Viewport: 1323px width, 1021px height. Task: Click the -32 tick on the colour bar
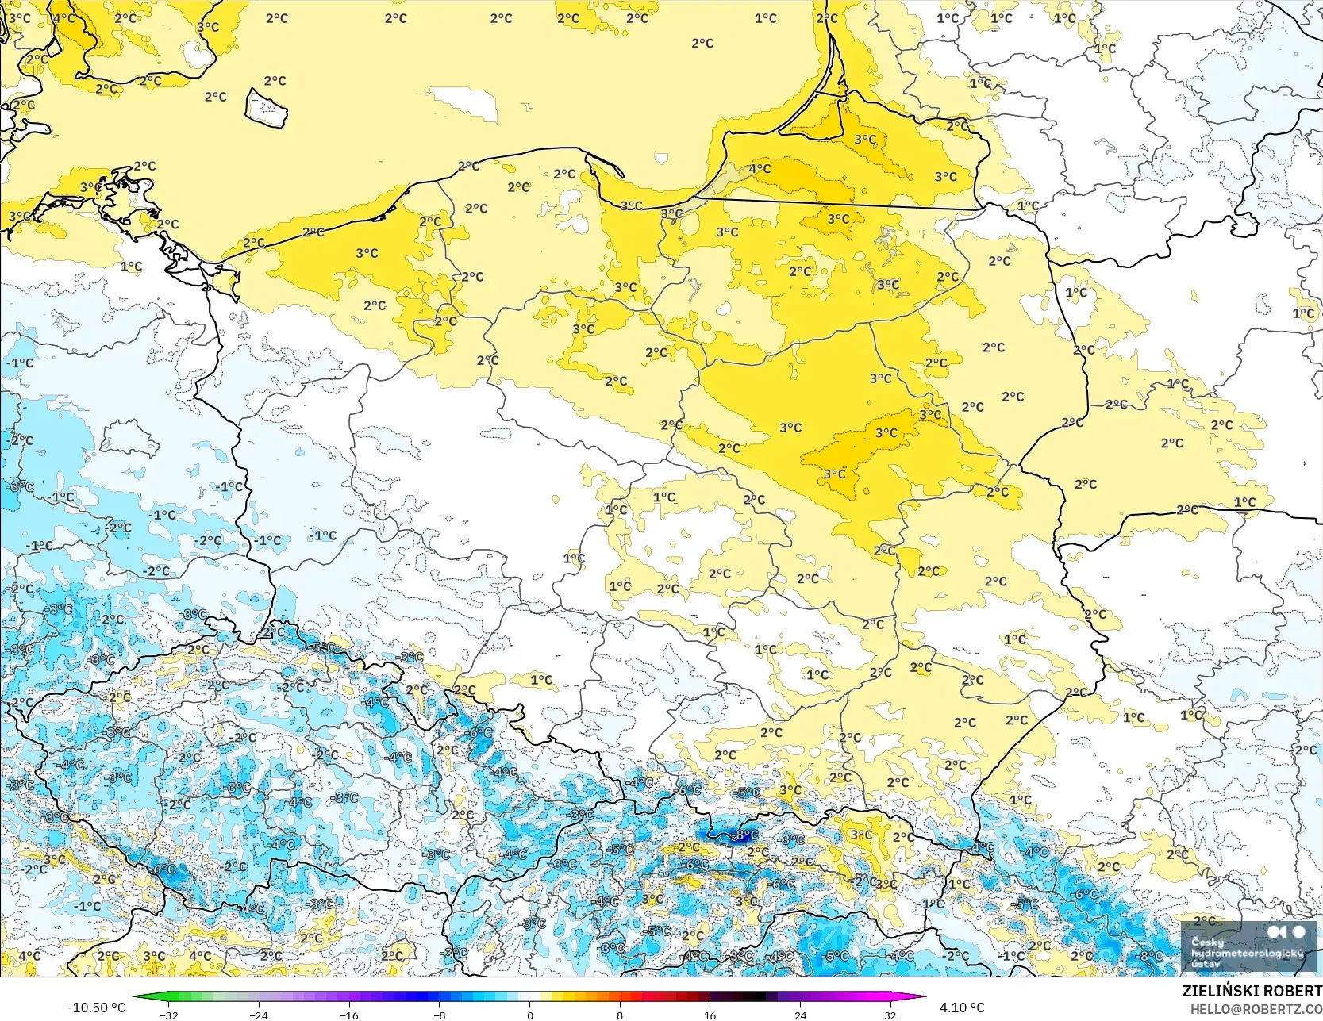pyautogui.click(x=169, y=1015)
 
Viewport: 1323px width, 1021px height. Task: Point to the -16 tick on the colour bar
pyautogui.click(x=349, y=1015)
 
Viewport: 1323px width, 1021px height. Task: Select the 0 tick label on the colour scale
pyautogui.click(x=529, y=1015)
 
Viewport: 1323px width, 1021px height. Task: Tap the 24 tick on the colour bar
pyautogui.click(x=800, y=1015)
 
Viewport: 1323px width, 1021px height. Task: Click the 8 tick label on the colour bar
pyautogui.click(x=620, y=1015)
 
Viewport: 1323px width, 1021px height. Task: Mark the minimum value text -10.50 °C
pyautogui.click(x=96, y=1008)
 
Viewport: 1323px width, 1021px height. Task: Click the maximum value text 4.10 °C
pyautogui.click(x=962, y=1008)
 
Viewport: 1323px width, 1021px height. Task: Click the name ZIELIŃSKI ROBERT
pyautogui.click(x=1252, y=991)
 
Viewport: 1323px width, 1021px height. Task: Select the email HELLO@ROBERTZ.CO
pyautogui.click(x=1256, y=1008)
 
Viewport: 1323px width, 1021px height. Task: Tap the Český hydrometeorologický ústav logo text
pyautogui.click(x=1246, y=953)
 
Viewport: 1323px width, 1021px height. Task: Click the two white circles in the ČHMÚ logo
pyautogui.click(x=1286, y=931)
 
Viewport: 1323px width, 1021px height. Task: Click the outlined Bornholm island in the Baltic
pyautogui.click(x=266, y=108)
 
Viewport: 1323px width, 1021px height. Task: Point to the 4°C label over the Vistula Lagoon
pyautogui.click(x=760, y=168)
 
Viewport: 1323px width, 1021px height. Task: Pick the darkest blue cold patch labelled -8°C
pyautogui.click(x=734, y=834)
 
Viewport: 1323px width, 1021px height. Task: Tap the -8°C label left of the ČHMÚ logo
pyautogui.click(x=1150, y=956)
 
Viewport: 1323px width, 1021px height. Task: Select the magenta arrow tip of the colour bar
pyautogui.click(x=923, y=997)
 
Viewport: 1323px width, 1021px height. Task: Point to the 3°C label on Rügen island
pyautogui.click(x=90, y=188)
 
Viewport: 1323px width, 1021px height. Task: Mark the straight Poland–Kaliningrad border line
pyautogui.click(x=841, y=204)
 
